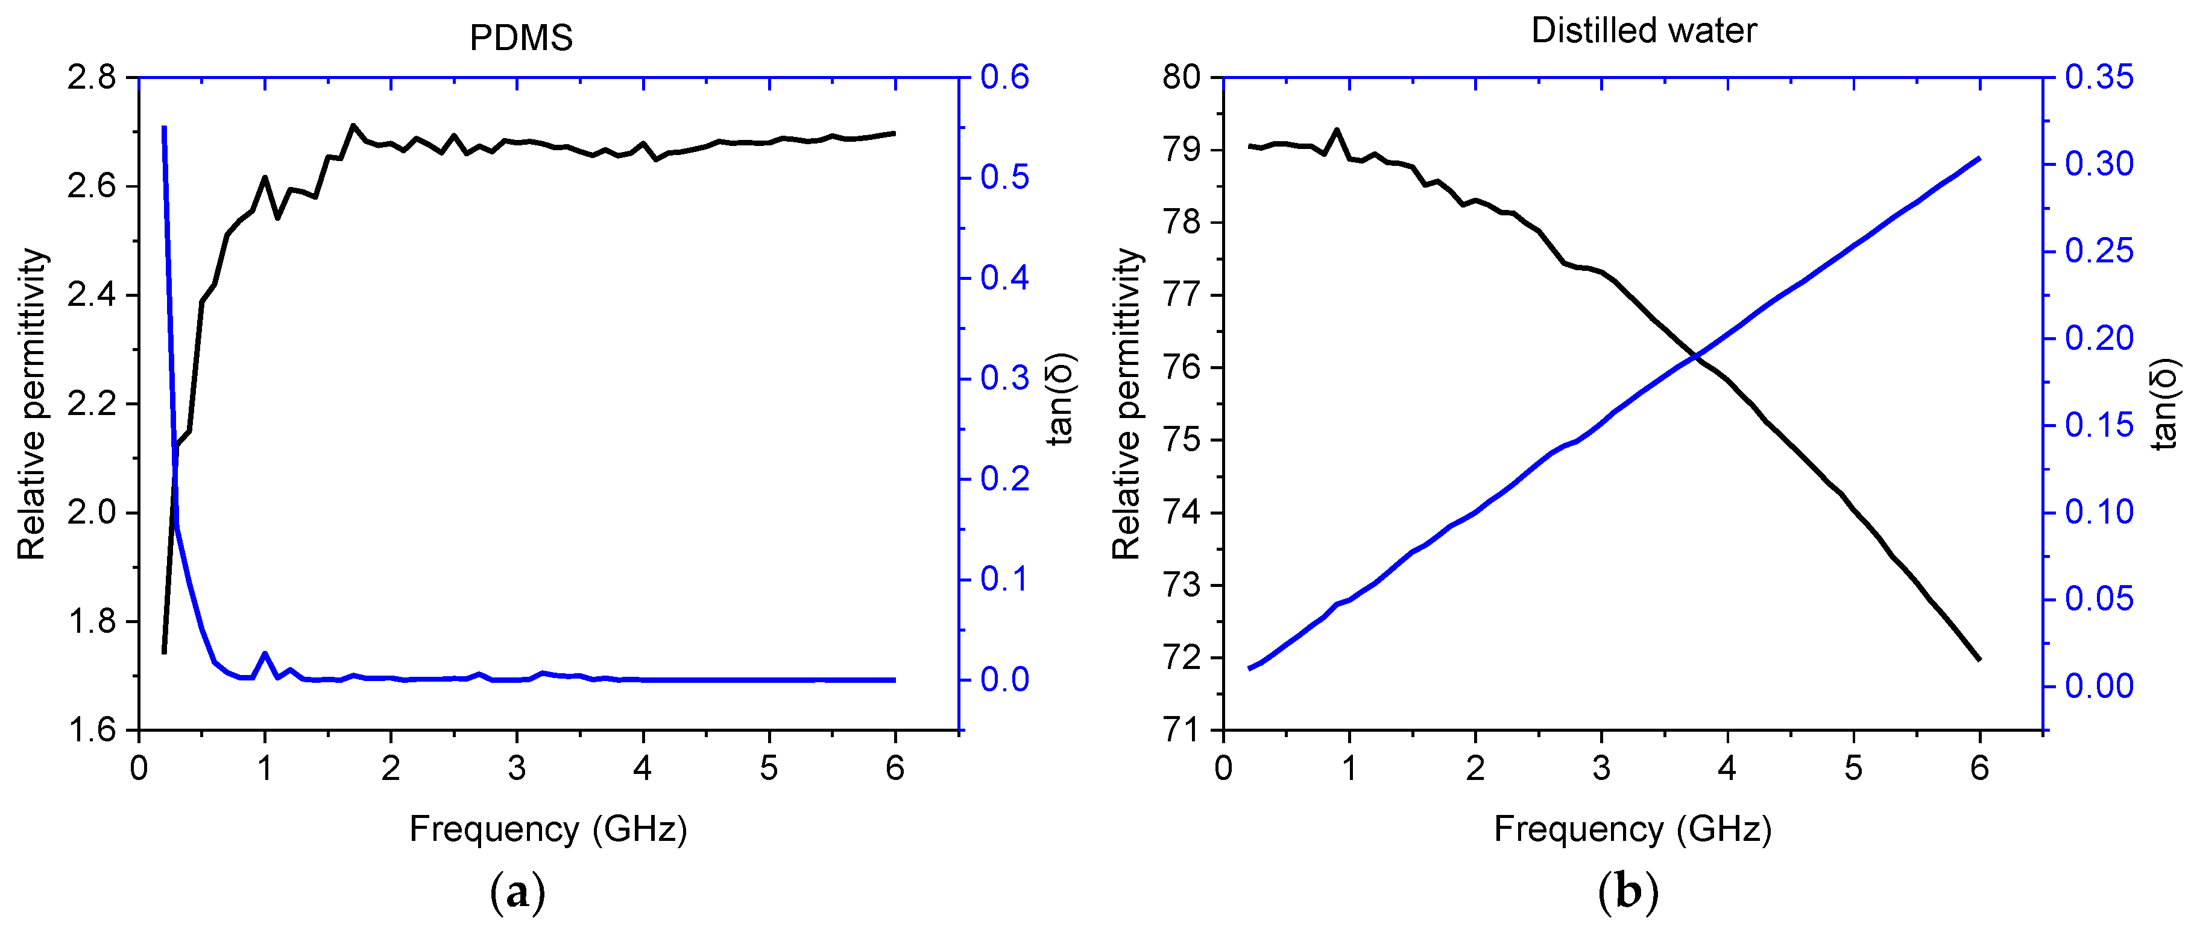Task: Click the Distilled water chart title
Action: [1644, 31]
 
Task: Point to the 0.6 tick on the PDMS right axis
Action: [1004, 78]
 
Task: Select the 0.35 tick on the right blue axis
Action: [2099, 78]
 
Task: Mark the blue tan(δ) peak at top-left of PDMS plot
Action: [164, 128]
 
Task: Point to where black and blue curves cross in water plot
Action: [1695, 357]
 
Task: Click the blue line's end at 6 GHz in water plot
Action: [1979, 159]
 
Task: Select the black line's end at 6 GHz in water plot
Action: [1979, 659]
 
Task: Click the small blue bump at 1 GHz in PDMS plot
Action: [265, 654]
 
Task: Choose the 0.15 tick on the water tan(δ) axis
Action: [2099, 425]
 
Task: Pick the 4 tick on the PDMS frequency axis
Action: [642, 769]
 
